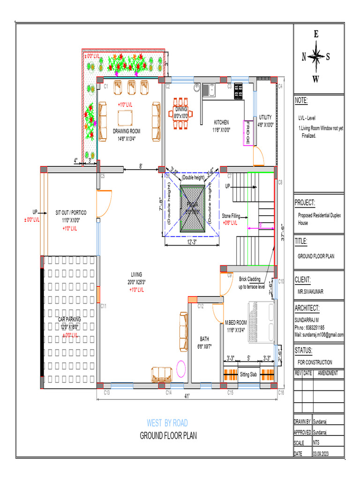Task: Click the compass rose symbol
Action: [316, 57]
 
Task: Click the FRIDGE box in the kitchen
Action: [247, 133]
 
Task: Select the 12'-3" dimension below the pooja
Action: [192, 242]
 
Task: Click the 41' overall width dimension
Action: [187, 397]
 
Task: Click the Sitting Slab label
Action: [248, 375]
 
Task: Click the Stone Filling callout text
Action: [231, 217]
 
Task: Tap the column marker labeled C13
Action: [106, 392]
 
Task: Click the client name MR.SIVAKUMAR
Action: [310, 291]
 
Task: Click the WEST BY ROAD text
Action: [167, 423]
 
